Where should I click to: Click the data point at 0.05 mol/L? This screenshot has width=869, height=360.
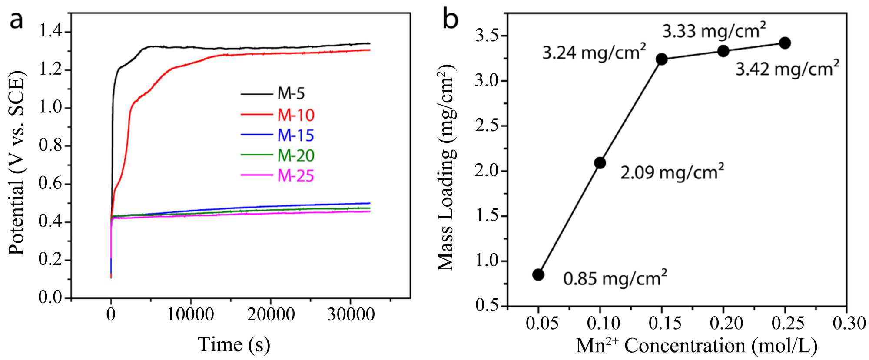pyautogui.click(x=538, y=274)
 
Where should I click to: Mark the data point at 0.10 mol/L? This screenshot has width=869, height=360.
pyautogui.click(x=600, y=163)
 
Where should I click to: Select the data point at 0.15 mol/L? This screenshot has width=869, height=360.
pyautogui.click(x=662, y=59)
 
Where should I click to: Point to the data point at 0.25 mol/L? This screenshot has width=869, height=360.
pyautogui.click(x=785, y=43)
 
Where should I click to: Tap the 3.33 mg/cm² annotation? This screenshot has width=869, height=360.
pyautogui.click(x=714, y=31)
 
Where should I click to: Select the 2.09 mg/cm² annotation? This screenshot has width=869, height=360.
pyautogui.click(x=672, y=172)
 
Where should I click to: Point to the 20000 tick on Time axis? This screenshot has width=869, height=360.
pyautogui.click(x=271, y=314)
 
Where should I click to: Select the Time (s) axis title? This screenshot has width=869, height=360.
pyautogui.click(x=234, y=344)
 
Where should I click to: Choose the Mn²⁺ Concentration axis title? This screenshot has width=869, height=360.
pyautogui.click(x=697, y=346)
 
